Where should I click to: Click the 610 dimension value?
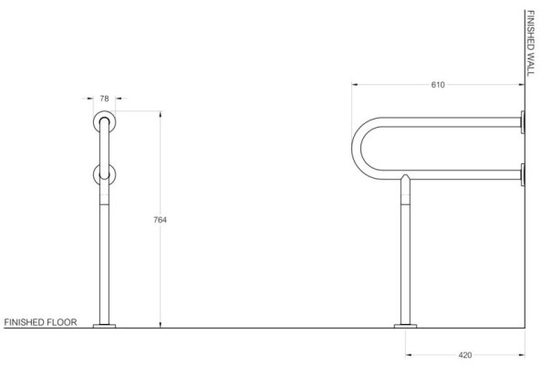pyautogui.click(x=438, y=85)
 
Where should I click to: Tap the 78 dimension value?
pyautogui.click(x=104, y=99)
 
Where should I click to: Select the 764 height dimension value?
pyautogui.click(x=160, y=220)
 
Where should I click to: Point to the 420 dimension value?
pyautogui.click(x=465, y=355)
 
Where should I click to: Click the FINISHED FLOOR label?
pyautogui.click(x=40, y=322)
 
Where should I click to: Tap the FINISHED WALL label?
pyautogui.click(x=531, y=43)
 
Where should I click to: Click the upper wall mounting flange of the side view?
pyautogui.click(x=523, y=122)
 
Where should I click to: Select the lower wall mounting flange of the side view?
pyautogui.click(x=523, y=175)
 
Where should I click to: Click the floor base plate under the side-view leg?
pyautogui.click(x=405, y=326)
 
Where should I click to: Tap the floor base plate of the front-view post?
pyautogui.click(x=104, y=326)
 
